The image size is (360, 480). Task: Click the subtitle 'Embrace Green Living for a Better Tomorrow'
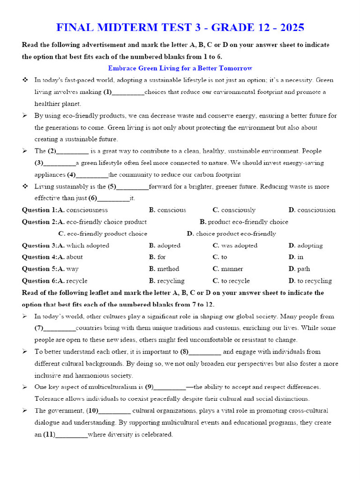(180, 68)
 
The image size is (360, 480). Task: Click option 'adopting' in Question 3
(310, 245)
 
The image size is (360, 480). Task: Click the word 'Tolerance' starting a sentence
(48, 399)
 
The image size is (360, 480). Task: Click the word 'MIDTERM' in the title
(120, 27)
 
